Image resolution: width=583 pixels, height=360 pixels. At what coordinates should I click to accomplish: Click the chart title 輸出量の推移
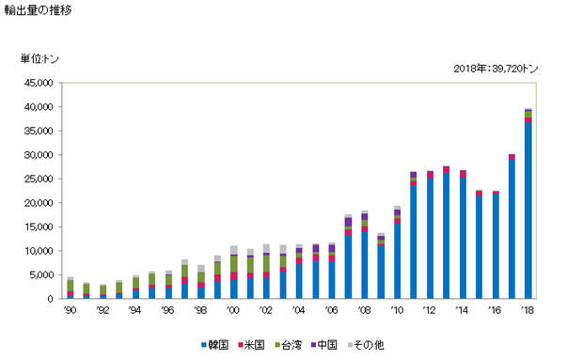point(38,10)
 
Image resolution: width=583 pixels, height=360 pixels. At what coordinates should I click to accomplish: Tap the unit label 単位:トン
point(39,58)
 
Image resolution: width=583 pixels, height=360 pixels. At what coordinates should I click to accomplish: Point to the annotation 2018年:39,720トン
point(496,69)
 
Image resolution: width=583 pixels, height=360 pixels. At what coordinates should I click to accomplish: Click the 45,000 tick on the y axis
point(39,83)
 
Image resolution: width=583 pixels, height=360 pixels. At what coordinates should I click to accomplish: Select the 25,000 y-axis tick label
point(39,179)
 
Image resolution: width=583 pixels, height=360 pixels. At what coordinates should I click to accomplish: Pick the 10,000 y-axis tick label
point(39,251)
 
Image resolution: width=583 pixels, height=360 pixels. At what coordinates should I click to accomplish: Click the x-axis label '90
point(70,310)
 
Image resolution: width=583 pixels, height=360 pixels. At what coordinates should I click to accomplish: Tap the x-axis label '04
point(299,310)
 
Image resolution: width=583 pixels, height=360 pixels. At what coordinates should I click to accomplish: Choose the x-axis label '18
point(528,310)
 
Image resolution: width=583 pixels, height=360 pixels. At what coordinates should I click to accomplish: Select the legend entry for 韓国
point(215,345)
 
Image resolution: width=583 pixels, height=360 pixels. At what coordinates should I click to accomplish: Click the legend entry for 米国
point(251,345)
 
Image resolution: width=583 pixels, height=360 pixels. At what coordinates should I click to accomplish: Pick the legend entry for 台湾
point(288,345)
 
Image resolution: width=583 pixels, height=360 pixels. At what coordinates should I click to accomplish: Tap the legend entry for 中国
point(323,345)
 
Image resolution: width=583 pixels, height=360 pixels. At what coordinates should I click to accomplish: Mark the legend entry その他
point(366,345)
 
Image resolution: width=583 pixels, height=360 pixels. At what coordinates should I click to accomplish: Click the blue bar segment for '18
point(528,211)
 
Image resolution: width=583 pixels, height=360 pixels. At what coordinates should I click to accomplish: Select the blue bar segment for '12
point(430,239)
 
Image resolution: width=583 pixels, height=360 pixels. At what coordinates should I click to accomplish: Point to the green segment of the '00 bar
point(234,264)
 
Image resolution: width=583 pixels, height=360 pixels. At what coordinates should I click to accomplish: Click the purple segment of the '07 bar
point(348,222)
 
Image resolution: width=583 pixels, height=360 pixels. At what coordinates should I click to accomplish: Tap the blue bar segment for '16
point(496,246)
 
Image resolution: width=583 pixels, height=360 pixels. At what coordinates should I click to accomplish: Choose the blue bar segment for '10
point(398,260)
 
